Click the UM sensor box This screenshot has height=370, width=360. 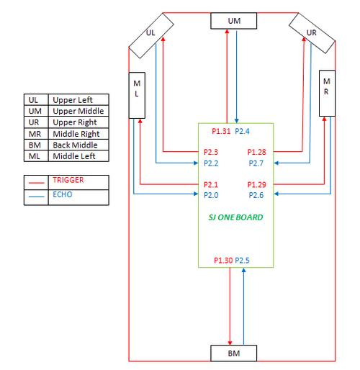pos(234,21)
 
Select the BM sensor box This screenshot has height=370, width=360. pos(234,353)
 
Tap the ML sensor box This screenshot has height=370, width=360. pos(137,95)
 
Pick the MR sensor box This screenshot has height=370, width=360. pos(327,94)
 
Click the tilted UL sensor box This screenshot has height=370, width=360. pos(151,35)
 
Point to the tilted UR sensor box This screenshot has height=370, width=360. pos(312,33)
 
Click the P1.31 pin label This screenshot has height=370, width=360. pos(221,131)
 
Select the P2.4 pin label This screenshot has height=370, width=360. pos(242,131)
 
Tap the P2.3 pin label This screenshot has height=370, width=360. pos(211,152)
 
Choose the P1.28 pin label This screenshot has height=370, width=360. pos(257,152)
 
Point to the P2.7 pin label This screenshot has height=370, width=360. pos(256,163)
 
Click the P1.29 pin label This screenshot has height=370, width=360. pos(257,184)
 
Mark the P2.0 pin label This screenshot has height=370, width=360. pos(211,195)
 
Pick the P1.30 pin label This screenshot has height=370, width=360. pos(223,261)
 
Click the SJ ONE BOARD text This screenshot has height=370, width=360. pos(235,217)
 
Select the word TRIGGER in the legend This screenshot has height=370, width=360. pos(68,180)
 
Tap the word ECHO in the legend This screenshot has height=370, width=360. pos(63,194)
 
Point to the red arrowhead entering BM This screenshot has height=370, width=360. pos(230,343)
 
